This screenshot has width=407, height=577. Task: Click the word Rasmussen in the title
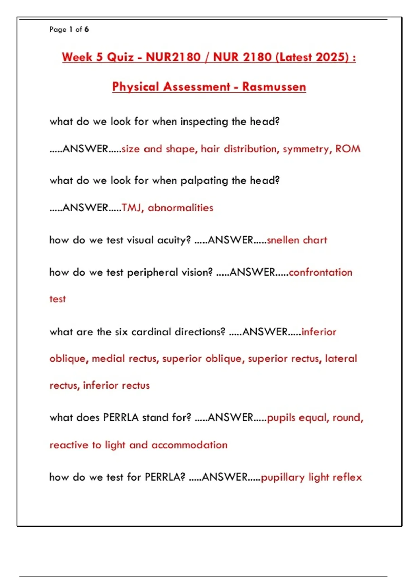(x=274, y=87)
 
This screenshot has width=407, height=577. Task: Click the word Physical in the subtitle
(x=135, y=87)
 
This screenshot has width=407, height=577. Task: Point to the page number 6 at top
(x=87, y=30)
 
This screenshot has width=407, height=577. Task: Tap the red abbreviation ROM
(x=348, y=149)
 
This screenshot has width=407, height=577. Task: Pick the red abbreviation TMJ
(x=132, y=208)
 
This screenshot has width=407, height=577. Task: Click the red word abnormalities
(x=180, y=208)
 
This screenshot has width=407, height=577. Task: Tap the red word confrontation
(x=321, y=272)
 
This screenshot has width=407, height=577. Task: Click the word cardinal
(x=151, y=332)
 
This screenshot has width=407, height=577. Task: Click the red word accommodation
(x=189, y=445)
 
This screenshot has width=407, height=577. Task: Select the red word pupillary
(x=283, y=478)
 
